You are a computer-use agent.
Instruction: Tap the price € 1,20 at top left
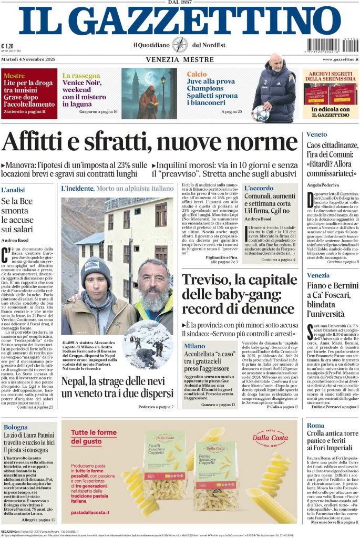pyautogui.click(x=8, y=46)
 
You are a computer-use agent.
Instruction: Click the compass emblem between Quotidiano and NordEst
pyautogui.click(x=180, y=45)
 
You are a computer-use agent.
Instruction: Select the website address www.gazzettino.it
pyautogui.click(x=341, y=59)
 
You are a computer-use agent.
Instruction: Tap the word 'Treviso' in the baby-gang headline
pyautogui.click(x=205, y=280)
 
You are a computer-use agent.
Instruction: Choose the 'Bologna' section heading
pyautogui.click(x=15, y=427)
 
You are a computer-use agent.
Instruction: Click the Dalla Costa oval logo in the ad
pyautogui.click(x=270, y=438)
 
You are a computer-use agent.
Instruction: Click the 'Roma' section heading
pyautogui.click(x=316, y=425)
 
